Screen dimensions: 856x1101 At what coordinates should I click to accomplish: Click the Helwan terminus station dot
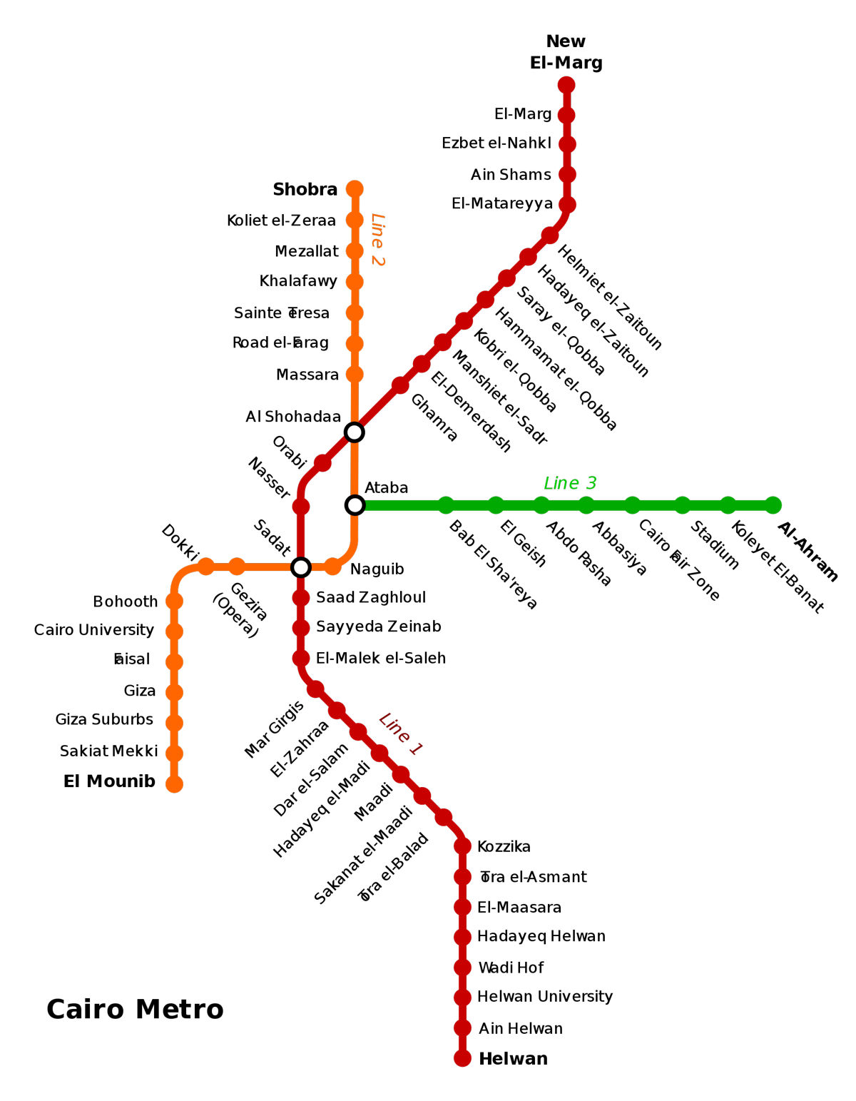click(462, 1058)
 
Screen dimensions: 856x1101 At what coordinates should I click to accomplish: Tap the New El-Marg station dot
click(566, 85)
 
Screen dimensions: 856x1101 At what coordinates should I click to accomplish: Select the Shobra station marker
click(355, 189)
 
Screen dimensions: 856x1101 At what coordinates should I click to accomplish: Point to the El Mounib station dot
click(174, 784)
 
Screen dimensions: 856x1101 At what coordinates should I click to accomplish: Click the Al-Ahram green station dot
click(773, 505)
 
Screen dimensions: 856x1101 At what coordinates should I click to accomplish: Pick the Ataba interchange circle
click(355, 505)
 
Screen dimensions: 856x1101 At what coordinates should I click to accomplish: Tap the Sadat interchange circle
click(301, 567)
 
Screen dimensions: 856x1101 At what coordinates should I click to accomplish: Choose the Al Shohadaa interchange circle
click(355, 432)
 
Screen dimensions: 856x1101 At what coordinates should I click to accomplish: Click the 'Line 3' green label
click(570, 483)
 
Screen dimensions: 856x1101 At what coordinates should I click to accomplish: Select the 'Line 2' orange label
click(377, 239)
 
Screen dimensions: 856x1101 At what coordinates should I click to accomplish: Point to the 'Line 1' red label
click(401, 734)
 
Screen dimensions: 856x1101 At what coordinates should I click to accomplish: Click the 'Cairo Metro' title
click(135, 1010)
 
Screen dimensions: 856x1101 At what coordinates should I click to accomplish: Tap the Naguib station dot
click(332, 567)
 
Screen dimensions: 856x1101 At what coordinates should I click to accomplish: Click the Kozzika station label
click(504, 847)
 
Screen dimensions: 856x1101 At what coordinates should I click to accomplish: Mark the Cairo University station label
click(94, 630)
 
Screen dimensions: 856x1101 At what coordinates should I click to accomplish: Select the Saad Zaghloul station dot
click(301, 597)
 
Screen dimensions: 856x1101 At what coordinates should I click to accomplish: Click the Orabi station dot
click(322, 463)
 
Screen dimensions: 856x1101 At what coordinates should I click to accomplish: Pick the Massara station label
click(307, 375)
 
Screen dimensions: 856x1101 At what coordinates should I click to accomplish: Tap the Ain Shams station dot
click(567, 174)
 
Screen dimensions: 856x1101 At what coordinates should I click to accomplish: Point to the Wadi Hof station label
click(511, 968)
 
